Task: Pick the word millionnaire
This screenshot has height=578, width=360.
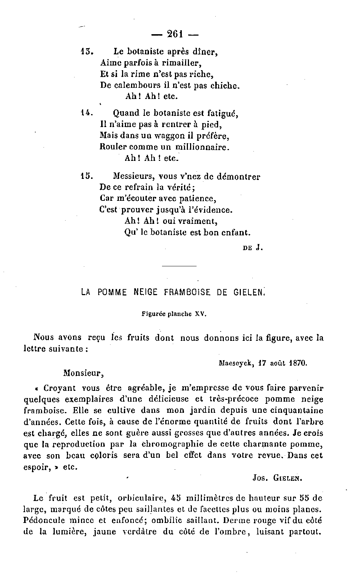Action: (x=202, y=147)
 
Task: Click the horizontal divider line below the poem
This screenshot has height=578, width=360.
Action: (x=179, y=266)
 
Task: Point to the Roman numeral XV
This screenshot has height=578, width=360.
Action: (x=200, y=314)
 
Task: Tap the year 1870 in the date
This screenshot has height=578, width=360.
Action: (x=298, y=363)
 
